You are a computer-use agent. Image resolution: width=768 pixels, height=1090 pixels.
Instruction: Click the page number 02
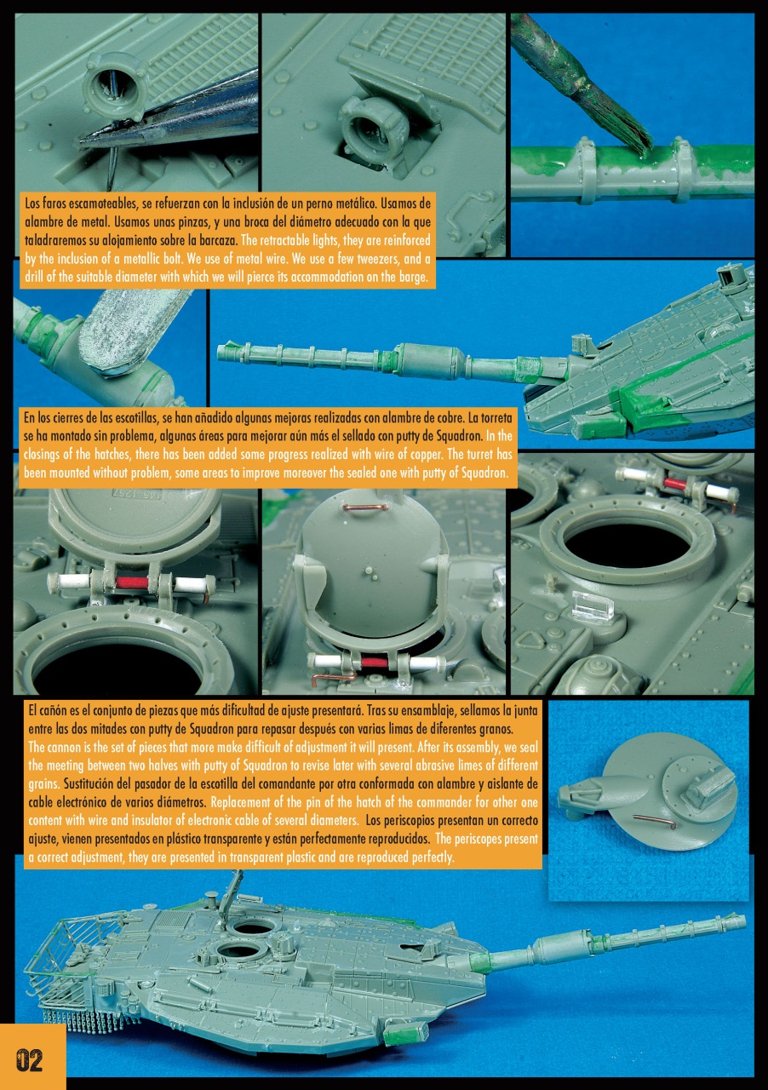pos(30,1060)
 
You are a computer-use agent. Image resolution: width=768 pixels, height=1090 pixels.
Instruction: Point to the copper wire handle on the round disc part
pos(655,820)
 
